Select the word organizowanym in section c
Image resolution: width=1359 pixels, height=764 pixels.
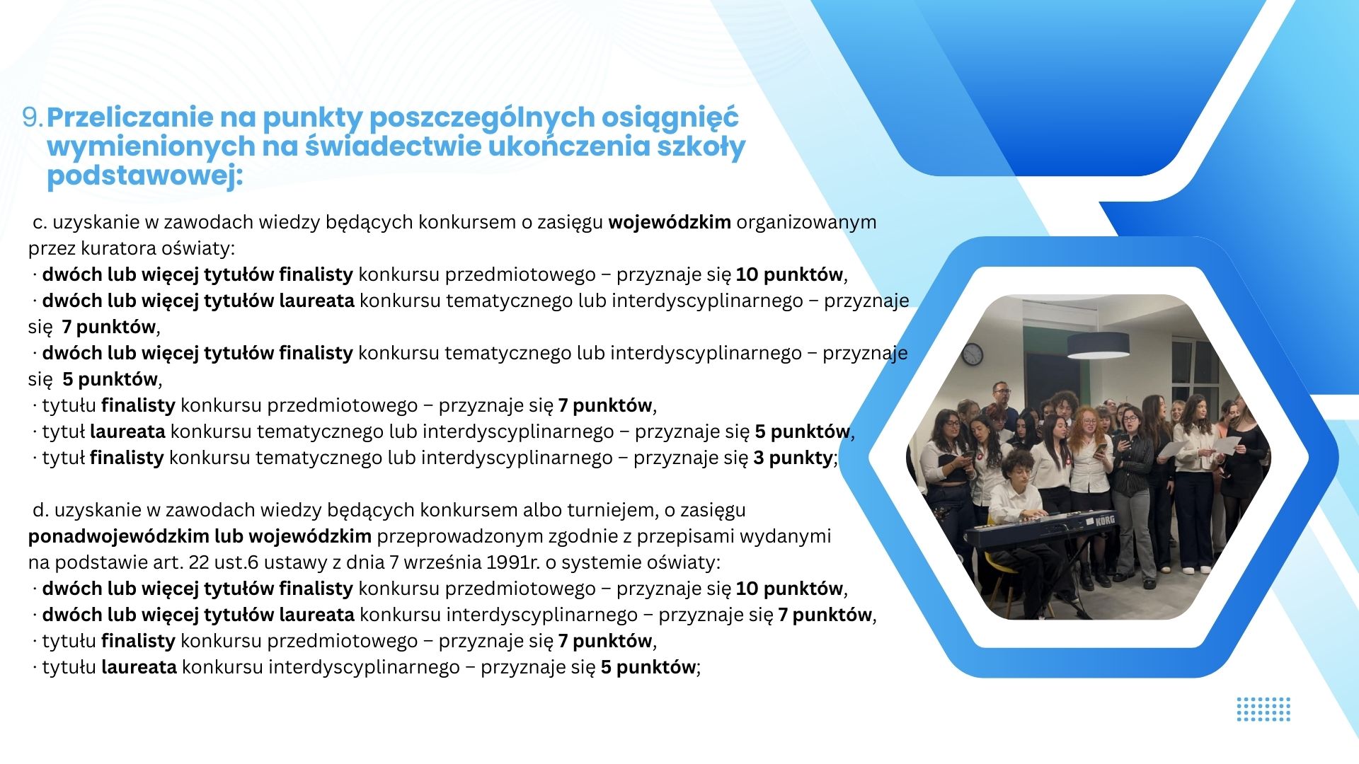pyautogui.click(x=807, y=223)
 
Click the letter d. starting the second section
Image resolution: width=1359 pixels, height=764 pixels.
pyautogui.click(x=41, y=510)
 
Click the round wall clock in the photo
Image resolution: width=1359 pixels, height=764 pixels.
pyautogui.click(x=973, y=354)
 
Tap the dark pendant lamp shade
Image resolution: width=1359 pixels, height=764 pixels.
pyautogui.click(x=1098, y=345)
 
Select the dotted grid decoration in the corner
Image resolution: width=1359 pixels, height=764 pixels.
pyautogui.click(x=1263, y=710)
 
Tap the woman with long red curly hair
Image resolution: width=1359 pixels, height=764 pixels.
pyautogui.click(x=1090, y=467)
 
